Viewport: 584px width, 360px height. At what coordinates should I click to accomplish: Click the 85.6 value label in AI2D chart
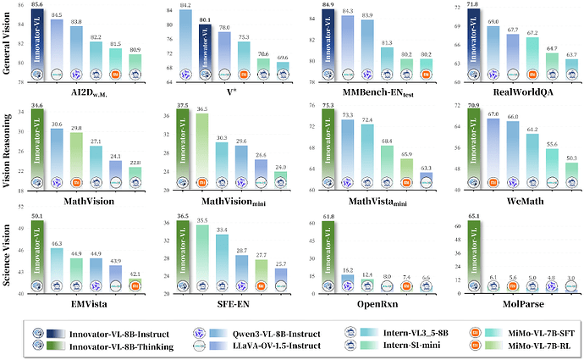click(37, 4)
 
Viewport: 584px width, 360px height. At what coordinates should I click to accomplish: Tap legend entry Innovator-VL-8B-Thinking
click(130, 345)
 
